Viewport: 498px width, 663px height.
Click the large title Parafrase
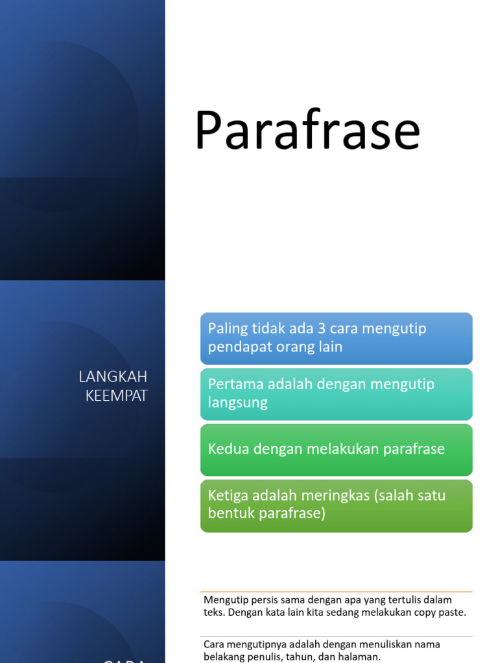[x=307, y=131]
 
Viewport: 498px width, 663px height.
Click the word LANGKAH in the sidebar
[x=113, y=377]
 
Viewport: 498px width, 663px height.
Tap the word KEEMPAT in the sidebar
[x=117, y=396]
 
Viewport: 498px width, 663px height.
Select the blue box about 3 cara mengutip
[x=336, y=338]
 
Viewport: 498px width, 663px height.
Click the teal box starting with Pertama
[x=336, y=394]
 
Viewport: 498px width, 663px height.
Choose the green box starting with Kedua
[x=336, y=449]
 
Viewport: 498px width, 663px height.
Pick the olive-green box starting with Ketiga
[x=336, y=505]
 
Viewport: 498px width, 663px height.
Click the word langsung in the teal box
[x=237, y=403]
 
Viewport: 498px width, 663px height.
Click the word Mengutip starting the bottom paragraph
[x=224, y=600]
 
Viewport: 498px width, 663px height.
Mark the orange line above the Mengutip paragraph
[x=336, y=591]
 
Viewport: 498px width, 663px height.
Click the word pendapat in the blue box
[x=236, y=347]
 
